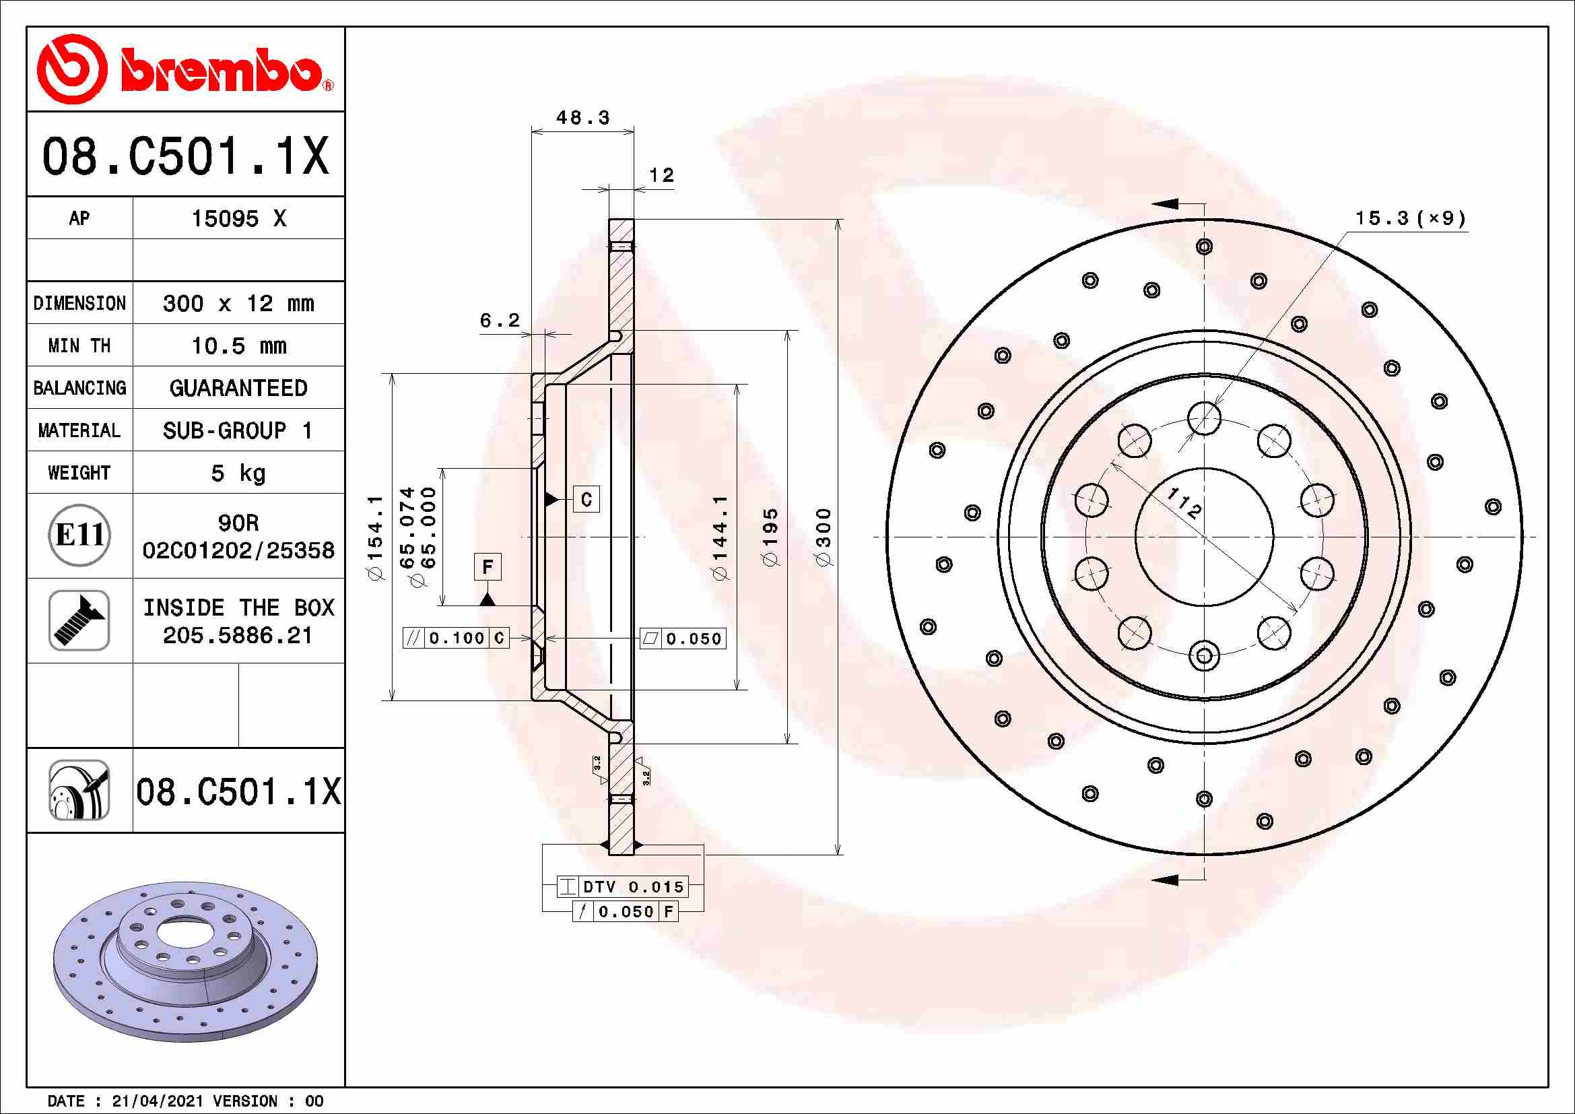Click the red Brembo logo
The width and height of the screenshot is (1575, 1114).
click(x=184, y=69)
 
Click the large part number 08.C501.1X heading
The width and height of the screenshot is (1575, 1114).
click(x=185, y=156)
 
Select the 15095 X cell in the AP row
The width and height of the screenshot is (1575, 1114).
click(x=238, y=219)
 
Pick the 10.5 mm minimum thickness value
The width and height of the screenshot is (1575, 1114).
click(x=238, y=346)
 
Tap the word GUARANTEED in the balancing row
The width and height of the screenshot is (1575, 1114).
click(x=238, y=388)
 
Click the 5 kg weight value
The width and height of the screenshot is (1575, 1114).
click(x=238, y=473)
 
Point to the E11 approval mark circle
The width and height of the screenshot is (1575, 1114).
click(x=79, y=535)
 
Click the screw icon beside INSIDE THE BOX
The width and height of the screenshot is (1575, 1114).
click(x=79, y=620)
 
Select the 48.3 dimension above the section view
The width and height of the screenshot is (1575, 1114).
click(x=582, y=118)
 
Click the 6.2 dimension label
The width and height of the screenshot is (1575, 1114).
click(x=500, y=321)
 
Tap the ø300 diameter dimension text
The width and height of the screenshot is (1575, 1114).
click(x=824, y=536)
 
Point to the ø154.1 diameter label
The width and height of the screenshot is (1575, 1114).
click(x=375, y=537)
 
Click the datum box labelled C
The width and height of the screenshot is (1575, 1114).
click(x=586, y=499)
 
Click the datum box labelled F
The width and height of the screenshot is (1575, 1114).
click(x=487, y=566)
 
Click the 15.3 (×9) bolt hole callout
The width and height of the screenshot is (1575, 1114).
click(x=1411, y=219)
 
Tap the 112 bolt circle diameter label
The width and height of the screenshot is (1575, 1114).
click(x=1184, y=504)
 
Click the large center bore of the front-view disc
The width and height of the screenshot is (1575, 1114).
click(x=1204, y=537)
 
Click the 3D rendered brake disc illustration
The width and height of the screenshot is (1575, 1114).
click(x=185, y=960)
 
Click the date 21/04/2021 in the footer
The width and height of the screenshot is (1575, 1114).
click(x=157, y=1101)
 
